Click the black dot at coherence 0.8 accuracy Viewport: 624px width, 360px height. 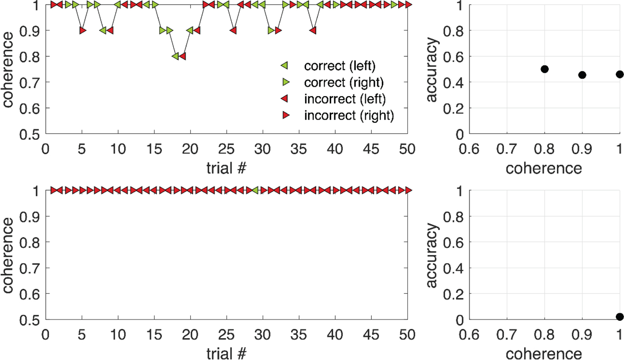pos(544,69)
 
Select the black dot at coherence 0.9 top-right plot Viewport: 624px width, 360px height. pos(582,75)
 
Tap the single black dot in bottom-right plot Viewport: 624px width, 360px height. pos(619,317)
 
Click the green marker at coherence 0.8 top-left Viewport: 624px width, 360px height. pos(175,56)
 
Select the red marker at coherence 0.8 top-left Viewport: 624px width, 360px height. pos(182,56)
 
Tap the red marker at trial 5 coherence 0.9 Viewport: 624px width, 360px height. pos(82,31)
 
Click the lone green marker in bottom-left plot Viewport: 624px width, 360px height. pos(256,190)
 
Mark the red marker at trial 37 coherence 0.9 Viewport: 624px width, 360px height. pos(313,31)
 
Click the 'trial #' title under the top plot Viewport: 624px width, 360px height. pos(227,167)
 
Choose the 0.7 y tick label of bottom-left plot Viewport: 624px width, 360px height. pos(29,268)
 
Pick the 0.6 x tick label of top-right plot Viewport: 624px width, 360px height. pos(468,149)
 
